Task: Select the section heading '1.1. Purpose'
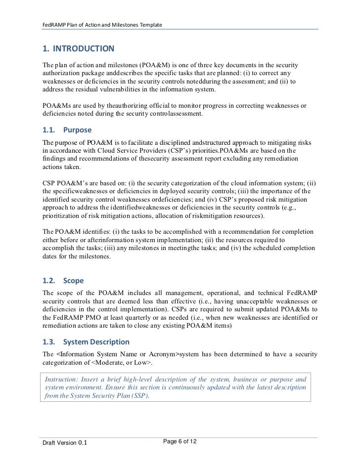(x=67, y=130)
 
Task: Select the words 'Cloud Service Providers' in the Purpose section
(x=126, y=150)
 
